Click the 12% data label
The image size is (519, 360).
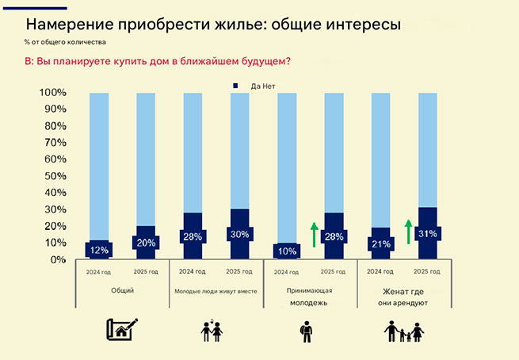click(x=98, y=249)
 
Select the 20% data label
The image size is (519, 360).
click(x=146, y=243)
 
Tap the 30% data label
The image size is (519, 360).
click(x=239, y=236)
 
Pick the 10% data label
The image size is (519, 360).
click(x=286, y=251)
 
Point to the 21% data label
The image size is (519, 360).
click(x=380, y=243)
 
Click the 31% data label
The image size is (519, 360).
click(x=427, y=234)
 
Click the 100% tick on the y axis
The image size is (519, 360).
click(x=52, y=93)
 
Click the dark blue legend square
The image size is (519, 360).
click(x=235, y=86)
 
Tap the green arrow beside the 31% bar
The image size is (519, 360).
click(x=408, y=231)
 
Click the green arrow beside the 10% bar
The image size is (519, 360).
click(x=314, y=235)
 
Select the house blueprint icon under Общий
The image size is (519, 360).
click(x=122, y=329)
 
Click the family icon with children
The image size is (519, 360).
click(x=404, y=331)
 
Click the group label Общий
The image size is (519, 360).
click(x=123, y=290)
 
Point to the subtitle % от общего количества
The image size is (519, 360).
click(x=64, y=41)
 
